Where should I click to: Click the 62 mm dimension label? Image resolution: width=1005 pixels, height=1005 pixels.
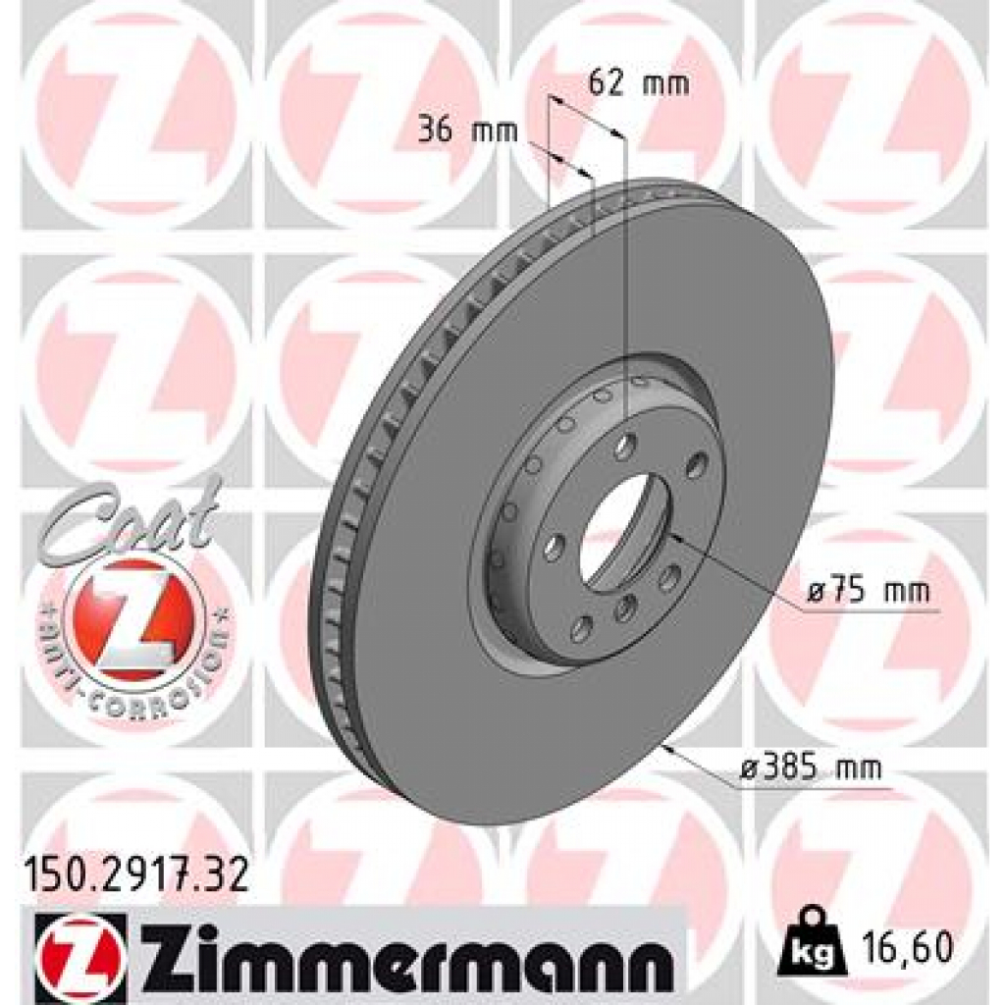638,83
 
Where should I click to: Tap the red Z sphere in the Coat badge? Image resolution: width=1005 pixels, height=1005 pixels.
132,613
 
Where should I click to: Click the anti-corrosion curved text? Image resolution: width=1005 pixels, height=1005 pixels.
132,677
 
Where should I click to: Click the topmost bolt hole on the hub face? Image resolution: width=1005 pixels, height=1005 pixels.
625,447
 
